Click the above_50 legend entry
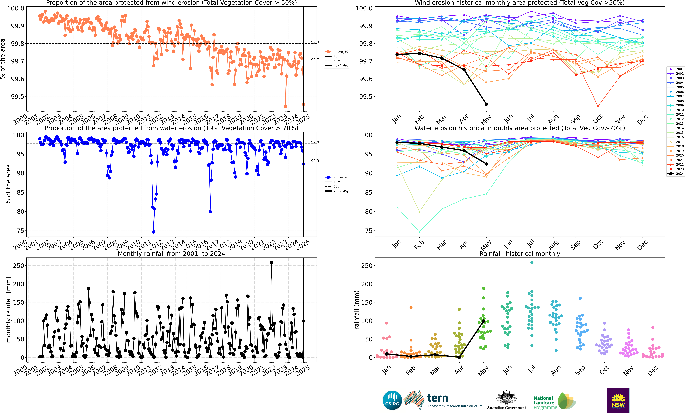[x=337, y=52]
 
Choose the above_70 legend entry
[x=337, y=177]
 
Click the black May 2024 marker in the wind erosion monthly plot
[x=486, y=104]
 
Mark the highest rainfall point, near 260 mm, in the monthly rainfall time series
[x=271, y=262]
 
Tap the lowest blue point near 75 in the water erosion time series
[x=154, y=232]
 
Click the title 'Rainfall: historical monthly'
[x=520, y=254]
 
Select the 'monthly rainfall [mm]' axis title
[x=8, y=310]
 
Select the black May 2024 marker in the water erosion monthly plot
[x=486, y=164]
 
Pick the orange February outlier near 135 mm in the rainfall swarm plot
[x=411, y=308]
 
